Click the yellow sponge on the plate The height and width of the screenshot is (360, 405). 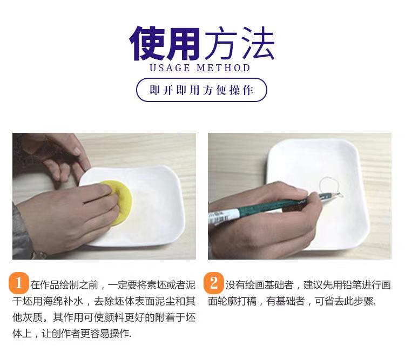pyautogui.click(x=121, y=202)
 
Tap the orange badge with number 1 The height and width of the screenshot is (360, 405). pyautogui.click(x=18, y=283)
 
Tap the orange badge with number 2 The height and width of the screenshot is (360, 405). pyautogui.click(x=214, y=283)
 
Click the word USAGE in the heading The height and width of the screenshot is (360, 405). pyautogui.click(x=170, y=68)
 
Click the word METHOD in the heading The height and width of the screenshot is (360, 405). pyautogui.click(x=224, y=68)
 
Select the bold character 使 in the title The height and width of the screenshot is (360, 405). pyautogui.click(x=147, y=44)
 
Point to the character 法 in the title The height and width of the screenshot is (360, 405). pyautogui.click(x=258, y=43)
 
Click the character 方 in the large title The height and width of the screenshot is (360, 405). pyautogui.click(x=220, y=43)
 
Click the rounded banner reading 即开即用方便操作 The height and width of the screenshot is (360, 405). pyautogui.click(x=201, y=90)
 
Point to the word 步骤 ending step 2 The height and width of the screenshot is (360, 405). pyautogui.click(x=363, y=301)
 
